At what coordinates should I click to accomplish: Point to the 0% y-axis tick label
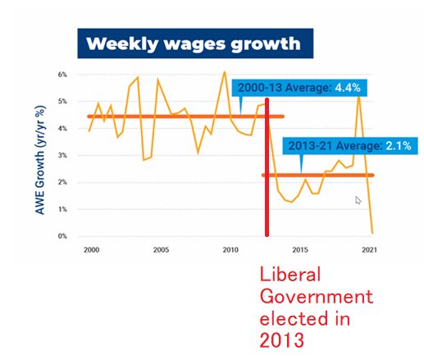tap(62, 236)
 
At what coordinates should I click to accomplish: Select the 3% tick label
tap(62, 155)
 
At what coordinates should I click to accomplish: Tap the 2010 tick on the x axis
tap(230, 250)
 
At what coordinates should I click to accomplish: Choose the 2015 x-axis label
tap(301, 250)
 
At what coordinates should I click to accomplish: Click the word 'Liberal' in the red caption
tap(289, 274)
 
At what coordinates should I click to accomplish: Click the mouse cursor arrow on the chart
tap(358, 200)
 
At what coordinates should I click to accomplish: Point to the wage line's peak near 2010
tap(225, 72)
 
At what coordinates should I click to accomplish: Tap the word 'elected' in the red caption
tap(292, 317)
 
